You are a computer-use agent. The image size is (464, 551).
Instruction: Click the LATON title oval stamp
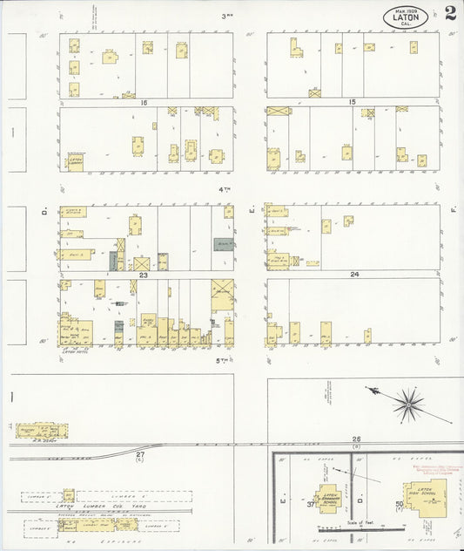click(406, 17)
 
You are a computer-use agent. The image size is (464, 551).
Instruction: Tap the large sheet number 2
click(449, 13)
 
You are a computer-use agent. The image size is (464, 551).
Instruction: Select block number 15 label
click(352, 103)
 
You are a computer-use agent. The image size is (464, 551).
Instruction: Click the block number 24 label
click(354, 275)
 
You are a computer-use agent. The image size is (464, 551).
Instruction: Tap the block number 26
click(356, 439)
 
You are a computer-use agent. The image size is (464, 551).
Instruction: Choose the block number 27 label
click(141, 454)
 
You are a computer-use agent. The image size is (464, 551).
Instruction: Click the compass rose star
click(407, 404)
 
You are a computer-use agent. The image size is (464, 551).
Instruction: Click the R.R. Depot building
click(40, 431)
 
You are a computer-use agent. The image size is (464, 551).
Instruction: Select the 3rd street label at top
click(228, 16)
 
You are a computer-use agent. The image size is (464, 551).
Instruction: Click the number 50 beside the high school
click(400, 504)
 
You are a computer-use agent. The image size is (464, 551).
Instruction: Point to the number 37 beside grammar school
click(310, 504)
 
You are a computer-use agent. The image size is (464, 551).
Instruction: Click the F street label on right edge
click(454, 210)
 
